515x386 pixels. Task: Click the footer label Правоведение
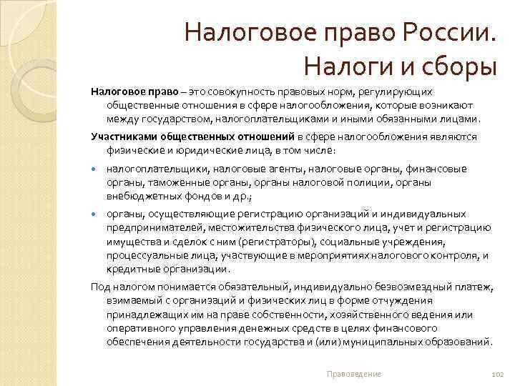[x=353, y=374]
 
